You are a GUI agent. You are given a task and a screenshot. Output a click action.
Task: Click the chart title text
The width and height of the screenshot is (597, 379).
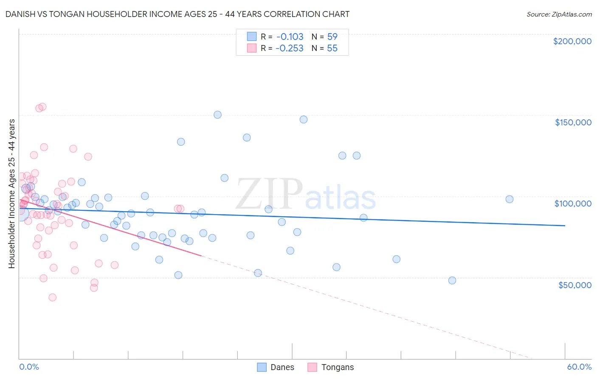tap(177, 14)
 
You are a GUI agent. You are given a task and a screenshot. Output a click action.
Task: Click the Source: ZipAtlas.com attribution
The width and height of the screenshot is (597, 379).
tap(559, 14)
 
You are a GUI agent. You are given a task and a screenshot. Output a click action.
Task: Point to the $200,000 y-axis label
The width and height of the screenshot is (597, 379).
tap(572, 41)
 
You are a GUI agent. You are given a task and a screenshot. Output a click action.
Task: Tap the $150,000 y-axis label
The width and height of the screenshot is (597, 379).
tap(573, 122)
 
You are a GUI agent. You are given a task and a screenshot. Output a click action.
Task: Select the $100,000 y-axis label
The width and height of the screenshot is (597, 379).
tap(573, 204)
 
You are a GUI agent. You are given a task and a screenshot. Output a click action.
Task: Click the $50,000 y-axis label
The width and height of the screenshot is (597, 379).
tap(574, 285)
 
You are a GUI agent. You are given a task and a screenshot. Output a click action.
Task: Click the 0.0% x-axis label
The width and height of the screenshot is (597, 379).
tap(29, 367)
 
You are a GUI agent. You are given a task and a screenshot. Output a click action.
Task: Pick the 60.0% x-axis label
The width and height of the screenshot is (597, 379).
tap(579, 367)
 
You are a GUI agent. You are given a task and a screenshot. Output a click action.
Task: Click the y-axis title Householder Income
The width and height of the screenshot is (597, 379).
tap(11, 193)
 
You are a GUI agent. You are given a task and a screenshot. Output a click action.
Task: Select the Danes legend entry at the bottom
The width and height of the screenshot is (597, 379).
tap(276, 367)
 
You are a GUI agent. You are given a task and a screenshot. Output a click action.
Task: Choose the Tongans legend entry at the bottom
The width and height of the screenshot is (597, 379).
tap(331, 367)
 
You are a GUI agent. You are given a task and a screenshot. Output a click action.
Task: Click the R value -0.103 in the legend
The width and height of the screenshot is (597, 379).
tap(289, 37)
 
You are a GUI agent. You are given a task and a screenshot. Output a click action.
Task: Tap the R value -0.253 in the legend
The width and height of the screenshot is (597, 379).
tap(289, 48)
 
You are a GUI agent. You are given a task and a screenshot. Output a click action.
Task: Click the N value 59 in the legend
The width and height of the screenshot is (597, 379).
tap(332, 37)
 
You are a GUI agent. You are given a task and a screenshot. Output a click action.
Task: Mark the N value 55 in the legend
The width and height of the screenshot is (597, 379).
tap(332, 48)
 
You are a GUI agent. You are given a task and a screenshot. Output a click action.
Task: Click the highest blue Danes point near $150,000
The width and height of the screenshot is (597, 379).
tap(217, 115)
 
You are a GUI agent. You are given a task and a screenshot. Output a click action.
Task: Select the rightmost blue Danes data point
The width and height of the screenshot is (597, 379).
tap(510, 199)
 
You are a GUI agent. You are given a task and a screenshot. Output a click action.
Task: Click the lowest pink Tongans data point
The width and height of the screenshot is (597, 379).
tap(53, 297)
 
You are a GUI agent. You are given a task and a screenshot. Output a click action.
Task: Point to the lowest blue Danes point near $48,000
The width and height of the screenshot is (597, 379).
tap(452, 280)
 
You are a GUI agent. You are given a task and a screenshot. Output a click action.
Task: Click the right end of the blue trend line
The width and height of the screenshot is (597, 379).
tap(565, 226)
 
